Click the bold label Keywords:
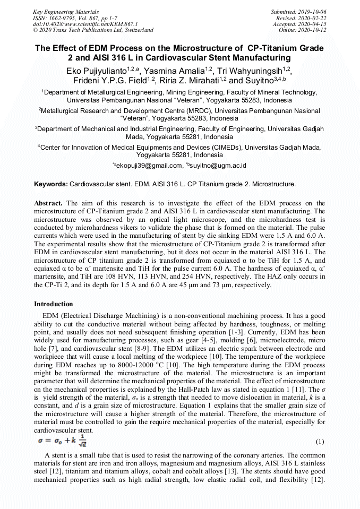click(x=51, y=184)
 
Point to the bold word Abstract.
click(x=49, y=203)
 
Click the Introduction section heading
click(x=54, y=304)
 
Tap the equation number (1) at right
click(x=320, y=442)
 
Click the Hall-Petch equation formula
click(x=62, y=441)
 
